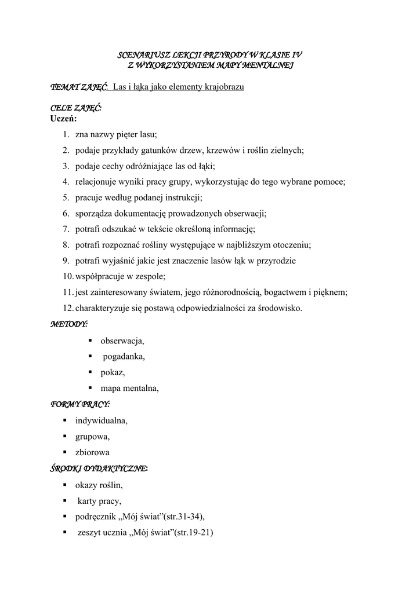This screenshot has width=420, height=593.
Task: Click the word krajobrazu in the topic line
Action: (x=222, y=87)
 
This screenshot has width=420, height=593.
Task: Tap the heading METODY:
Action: (x=69, y=324)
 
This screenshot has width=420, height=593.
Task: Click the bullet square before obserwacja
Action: (x=90, y=341)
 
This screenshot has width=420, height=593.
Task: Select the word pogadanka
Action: (x=124, y=356)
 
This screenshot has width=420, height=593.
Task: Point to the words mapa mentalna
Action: (x=129, y=388)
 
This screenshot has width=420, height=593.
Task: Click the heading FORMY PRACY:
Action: (x=80, y=404)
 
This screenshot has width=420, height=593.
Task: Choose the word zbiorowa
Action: (x=92, y=452)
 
